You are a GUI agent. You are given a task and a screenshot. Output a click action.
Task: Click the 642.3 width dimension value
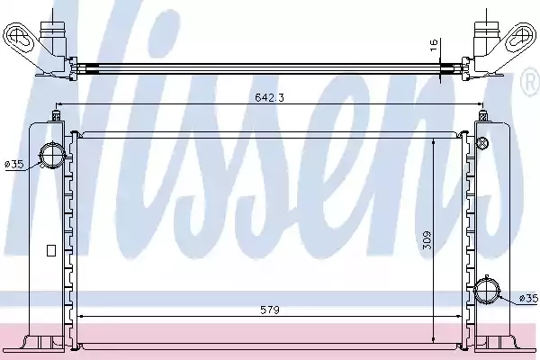coord(269,97)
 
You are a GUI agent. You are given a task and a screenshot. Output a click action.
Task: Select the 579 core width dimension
coord(270,310)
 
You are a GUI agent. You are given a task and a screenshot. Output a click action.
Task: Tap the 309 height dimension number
coord(427,240)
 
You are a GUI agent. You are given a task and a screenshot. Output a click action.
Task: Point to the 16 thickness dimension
coord(434,45)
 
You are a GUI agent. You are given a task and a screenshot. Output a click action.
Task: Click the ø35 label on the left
coord(14,165)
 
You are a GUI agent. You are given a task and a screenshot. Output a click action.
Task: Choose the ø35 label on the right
coord(528,298)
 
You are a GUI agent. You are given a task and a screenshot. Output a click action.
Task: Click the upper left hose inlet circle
coord(52,156)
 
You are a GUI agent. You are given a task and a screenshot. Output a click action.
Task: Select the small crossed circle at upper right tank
coord(482,142)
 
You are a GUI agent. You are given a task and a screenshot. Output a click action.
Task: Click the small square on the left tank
coord(51,250)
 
